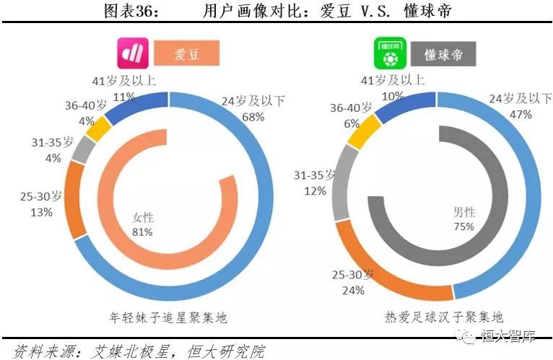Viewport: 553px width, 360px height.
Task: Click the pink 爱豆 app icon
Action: click(134, 53)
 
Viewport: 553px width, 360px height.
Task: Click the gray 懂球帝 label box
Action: click(443, 54)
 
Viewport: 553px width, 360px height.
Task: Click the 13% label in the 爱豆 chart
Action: click(41, 212)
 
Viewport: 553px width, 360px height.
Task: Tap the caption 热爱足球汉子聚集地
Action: click(443, 317)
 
